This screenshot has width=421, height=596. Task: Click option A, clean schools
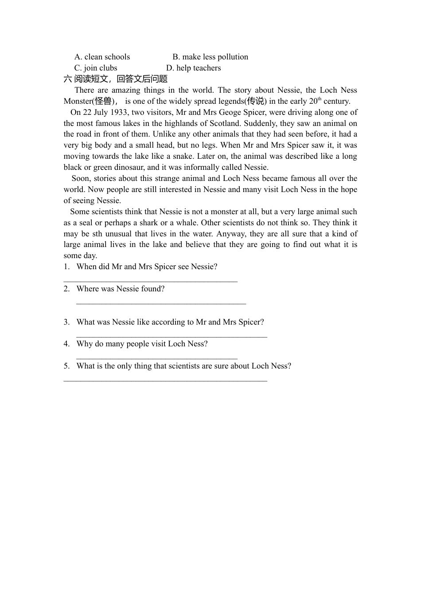(102, 57)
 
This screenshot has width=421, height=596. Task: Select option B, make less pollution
(210, 57)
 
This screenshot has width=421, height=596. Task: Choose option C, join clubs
(96, 68)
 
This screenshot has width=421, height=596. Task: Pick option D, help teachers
(193, 68)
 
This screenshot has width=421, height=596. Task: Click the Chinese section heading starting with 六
(116, 79)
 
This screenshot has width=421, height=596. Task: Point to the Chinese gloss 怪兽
(103, 101)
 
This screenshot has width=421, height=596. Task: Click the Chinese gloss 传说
(256, 101)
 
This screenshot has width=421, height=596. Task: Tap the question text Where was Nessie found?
(121, 289)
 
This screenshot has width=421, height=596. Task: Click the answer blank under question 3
(172, 337)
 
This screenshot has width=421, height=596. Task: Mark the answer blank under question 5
(165, 380)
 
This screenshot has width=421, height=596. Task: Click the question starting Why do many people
(142, 344)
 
